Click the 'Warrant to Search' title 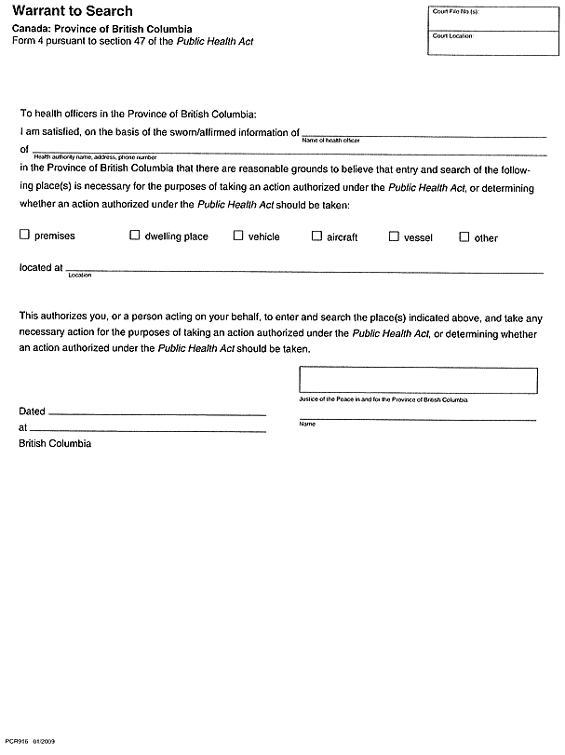point(73,11)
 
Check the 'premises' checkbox point(25,236)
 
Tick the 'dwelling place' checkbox point(134,236)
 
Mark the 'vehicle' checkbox point(238,236)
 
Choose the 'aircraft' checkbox point(316,236)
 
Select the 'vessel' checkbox point(394,236)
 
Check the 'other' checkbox point(464,236)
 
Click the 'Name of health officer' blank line point(424,135)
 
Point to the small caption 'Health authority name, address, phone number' point(95,157)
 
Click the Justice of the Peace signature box point(417,380)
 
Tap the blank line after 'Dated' point(156,412)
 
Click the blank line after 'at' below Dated point(149,429)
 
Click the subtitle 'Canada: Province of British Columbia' point(108,30)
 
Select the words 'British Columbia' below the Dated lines point(55,444)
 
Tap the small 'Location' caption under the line point(80,276)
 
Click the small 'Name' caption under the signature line point(307,425)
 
